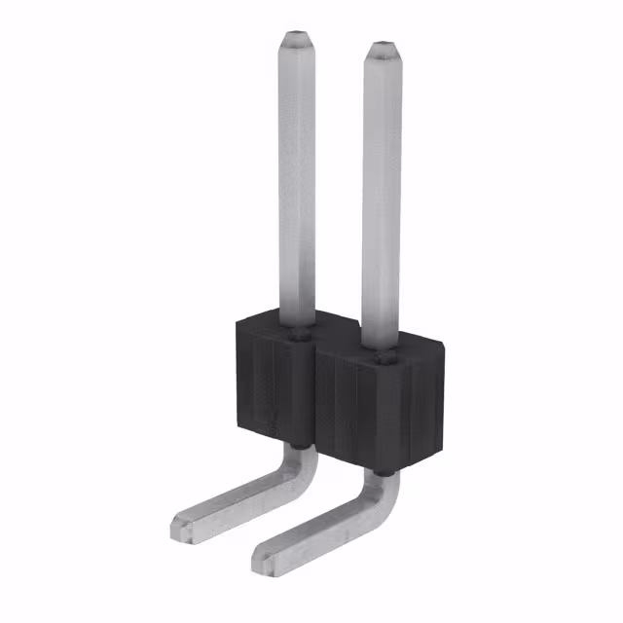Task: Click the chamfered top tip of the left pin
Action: tap(296, 43)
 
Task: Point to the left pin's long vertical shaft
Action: tap(296, 185)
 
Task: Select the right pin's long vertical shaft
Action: tap(381, 195)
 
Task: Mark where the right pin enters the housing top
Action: tap(381, 357)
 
